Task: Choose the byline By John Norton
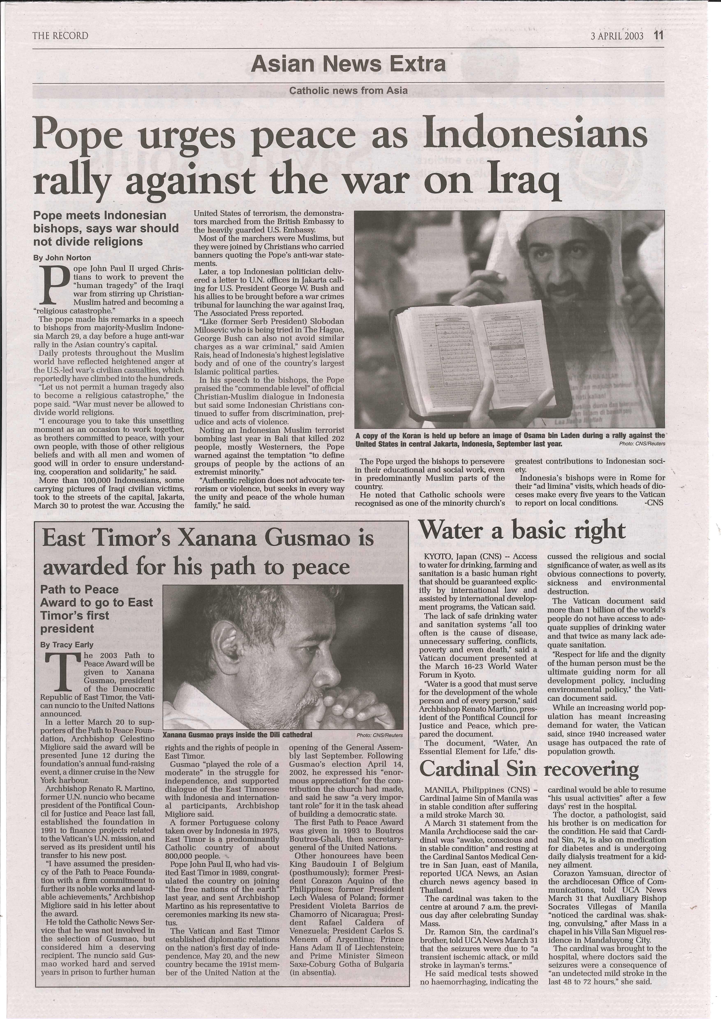point(62,257)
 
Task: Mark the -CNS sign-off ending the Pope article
point(653,503)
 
